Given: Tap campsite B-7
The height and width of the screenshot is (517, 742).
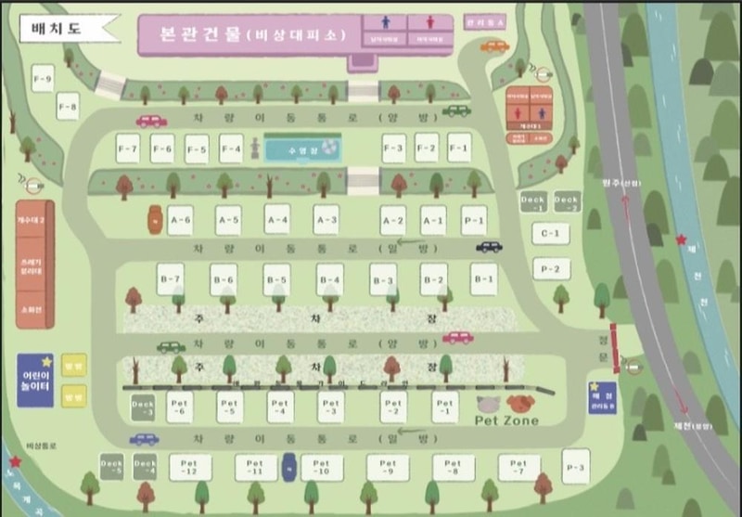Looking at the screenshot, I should pos(170,279).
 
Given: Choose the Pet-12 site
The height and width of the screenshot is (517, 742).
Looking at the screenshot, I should pos(190,467).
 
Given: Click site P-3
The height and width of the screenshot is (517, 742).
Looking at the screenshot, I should pos(576,460).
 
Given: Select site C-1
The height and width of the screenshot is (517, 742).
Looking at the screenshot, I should pos(550,233).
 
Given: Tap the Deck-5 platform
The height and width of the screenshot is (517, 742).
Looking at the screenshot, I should pos(112,467).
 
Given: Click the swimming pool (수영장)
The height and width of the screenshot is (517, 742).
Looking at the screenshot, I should pos(302,149).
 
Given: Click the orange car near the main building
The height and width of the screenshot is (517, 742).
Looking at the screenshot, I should pos(494,46).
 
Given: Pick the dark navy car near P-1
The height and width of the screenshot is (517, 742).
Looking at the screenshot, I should pos(489,247).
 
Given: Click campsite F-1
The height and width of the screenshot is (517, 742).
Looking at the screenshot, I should pos(459,147).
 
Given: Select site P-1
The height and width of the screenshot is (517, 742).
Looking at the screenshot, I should pos(474,220).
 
